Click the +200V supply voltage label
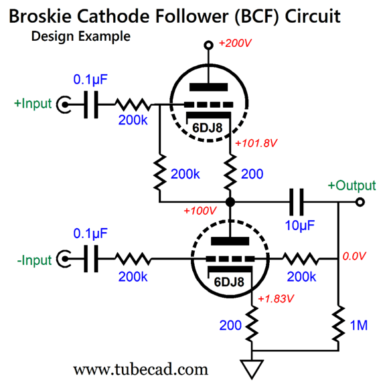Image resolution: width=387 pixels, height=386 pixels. click(x=235, y=43)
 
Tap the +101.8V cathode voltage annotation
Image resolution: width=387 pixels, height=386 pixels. click(x=256, y=143)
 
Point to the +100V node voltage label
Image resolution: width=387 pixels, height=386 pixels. click(x=200, y=211)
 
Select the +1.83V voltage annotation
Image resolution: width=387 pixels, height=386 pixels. click(x=276, y=298)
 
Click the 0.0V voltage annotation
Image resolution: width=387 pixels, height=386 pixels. click(x=354, y=256)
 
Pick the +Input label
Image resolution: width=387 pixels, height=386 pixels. click(x=33, y=103)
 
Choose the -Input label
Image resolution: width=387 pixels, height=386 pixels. click(x=34, y=260)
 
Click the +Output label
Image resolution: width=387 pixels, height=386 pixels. click(x=352, y=185)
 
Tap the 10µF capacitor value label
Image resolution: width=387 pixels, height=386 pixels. click(x=300, y=225)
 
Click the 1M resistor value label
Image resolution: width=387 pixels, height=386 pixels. click(x=359, y=325)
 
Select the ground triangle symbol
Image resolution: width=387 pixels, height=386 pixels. click(x=252, y=369)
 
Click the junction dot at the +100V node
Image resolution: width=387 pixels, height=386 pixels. click(x=230, y=202)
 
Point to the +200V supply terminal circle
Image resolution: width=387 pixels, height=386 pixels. click(x=208, y=45)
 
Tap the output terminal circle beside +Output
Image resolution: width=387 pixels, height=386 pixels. click(x=360, y=202)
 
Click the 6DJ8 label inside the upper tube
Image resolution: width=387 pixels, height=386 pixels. click(x=208, y=128)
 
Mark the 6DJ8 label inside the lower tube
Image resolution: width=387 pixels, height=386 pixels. click(x=229, y=282)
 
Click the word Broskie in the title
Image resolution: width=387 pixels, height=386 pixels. click(x=40, y=16)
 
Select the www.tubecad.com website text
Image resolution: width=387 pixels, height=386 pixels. click(x=141, y=369)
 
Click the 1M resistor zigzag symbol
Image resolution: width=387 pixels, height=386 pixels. click(x=338, y=324)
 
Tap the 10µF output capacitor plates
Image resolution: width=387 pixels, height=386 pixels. click(x=297, y=202)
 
